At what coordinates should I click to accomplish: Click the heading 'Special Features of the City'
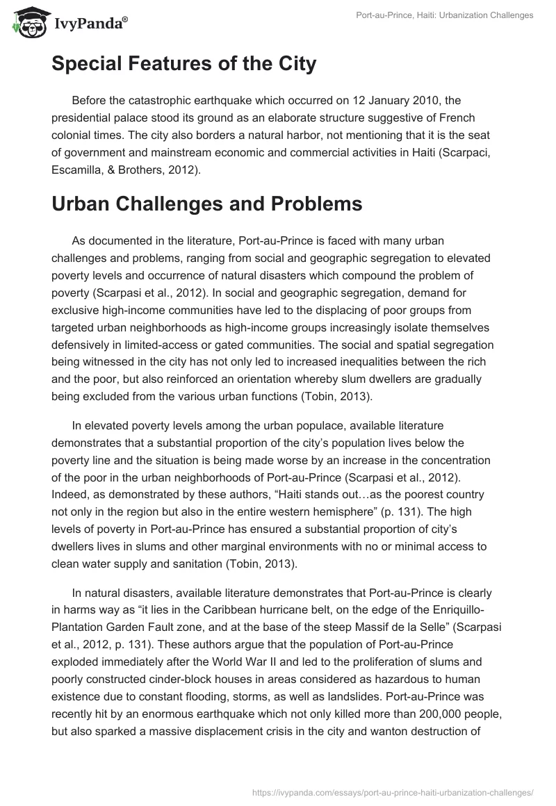183,64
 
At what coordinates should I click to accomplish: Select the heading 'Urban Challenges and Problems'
206,186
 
